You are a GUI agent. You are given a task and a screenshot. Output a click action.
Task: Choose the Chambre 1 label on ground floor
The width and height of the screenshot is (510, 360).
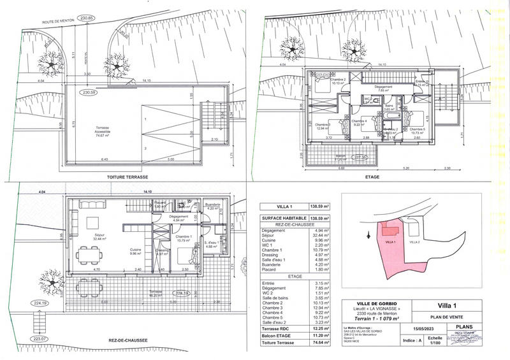coord(184,238)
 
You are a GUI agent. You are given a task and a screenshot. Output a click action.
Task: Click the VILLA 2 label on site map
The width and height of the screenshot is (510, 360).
coord(415,242)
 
